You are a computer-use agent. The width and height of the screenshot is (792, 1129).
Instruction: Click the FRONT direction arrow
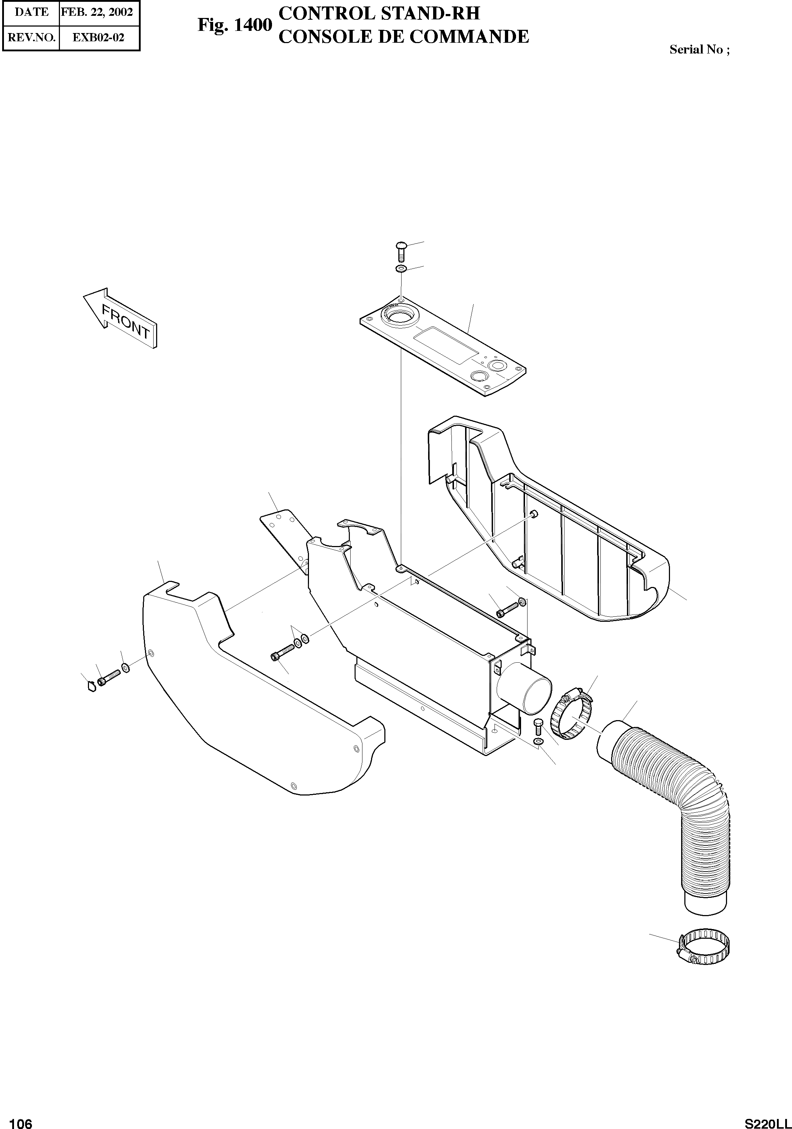coord(121,318)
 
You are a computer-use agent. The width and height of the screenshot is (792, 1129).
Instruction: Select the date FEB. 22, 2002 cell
coord(97,12)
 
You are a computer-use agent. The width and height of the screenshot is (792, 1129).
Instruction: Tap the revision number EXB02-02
coord(98,37)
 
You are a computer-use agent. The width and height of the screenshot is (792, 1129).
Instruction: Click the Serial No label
coord(699,49)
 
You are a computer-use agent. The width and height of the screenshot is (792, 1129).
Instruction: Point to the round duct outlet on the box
coord(524,694)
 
